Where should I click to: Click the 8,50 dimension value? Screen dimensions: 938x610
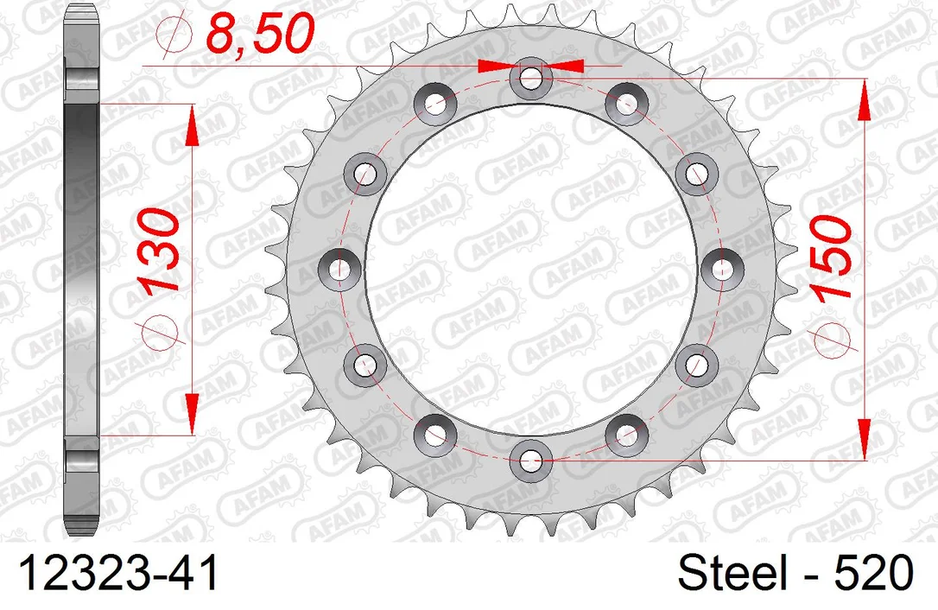260,34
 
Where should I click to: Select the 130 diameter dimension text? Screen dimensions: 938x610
159,251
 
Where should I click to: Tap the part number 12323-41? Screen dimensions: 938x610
119,573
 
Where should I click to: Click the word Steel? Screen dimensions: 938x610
732,573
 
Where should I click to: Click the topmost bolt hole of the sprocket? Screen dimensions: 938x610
530,77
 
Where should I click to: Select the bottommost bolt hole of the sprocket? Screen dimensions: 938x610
530,461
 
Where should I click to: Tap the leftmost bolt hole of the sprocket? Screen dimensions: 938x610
339,269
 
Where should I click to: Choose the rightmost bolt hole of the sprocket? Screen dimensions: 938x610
721,269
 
